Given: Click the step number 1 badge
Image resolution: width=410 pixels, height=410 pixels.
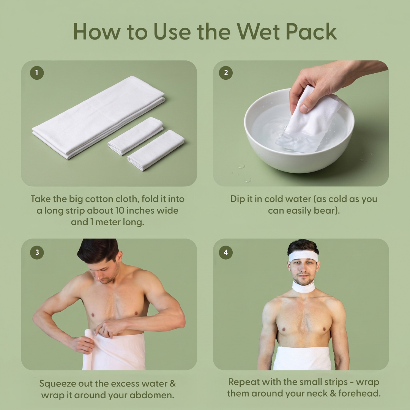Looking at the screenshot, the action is tap(37, 73).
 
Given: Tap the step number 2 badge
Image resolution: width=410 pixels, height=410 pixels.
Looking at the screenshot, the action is tap(225, 73).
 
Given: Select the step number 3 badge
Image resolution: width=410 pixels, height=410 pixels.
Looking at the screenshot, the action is tap(37, 252).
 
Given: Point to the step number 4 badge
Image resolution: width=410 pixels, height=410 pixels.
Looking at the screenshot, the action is tap(225, 252).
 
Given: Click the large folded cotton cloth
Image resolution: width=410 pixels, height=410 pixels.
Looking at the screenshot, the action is tap(99, 118).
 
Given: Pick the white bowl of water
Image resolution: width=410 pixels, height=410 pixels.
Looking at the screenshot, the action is tap(299, 131).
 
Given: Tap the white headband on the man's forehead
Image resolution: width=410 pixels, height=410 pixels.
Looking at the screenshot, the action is tap(303, 256).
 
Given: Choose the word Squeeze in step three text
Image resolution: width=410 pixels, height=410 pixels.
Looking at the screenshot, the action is tap(52, 384).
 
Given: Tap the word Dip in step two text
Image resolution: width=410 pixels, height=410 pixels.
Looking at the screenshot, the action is tap(238, 199).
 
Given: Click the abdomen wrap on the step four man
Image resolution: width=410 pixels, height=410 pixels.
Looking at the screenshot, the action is tap(302, 358).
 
